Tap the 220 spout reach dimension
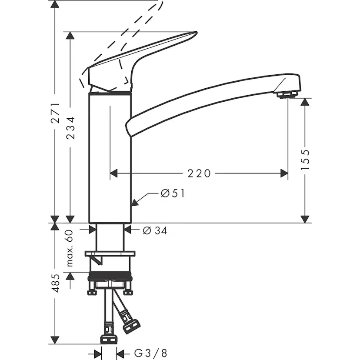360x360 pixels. point(199,173)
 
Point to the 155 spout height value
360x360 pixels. point(305,159)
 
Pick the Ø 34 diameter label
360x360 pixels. point(155,231)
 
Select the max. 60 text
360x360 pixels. point(70,248)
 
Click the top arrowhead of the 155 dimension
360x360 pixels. point(305,102)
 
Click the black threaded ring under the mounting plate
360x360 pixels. point(110,277)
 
